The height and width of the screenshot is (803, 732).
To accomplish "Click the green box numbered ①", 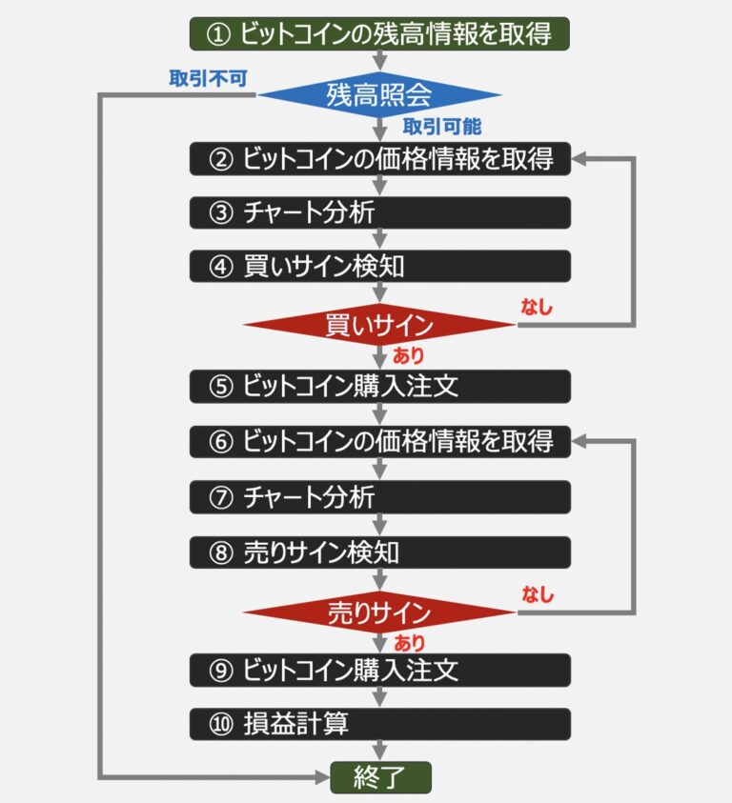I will tap(379, 34).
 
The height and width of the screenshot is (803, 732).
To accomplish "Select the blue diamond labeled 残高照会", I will tap(379, 95).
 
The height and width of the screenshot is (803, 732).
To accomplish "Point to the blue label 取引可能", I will tap(441, 127).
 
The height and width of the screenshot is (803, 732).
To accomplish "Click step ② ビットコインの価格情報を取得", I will tap(379, 158).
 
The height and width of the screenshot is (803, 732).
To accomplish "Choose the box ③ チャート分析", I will tap(379, 212).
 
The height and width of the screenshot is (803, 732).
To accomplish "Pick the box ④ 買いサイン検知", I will tap(379, 266).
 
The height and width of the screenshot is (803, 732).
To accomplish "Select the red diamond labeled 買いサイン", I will tap(379, 326).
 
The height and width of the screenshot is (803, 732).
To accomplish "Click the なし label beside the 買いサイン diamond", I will tap(537, 307).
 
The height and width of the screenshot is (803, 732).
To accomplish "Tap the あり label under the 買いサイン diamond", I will tap(409, 356).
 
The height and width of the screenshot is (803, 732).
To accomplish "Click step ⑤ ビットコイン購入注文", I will tap(379, 386).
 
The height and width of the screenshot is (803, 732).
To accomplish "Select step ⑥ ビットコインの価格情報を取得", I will tap(379, 441).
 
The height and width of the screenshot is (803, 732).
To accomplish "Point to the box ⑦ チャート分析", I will tap(379, 496).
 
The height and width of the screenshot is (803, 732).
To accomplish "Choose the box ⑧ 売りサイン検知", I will tap(379, 552).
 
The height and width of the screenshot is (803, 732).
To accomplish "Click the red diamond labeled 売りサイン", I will tap(379, 612).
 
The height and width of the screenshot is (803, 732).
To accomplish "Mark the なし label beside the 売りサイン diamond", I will tap(537, 594).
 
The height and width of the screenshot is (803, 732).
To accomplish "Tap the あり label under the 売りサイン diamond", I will tap(410, 643).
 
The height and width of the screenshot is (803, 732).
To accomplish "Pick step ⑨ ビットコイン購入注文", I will tap(379, 670).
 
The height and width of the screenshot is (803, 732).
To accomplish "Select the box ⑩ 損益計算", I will tap(379, 724).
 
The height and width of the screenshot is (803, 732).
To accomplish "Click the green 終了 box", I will tap(380, 777).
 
